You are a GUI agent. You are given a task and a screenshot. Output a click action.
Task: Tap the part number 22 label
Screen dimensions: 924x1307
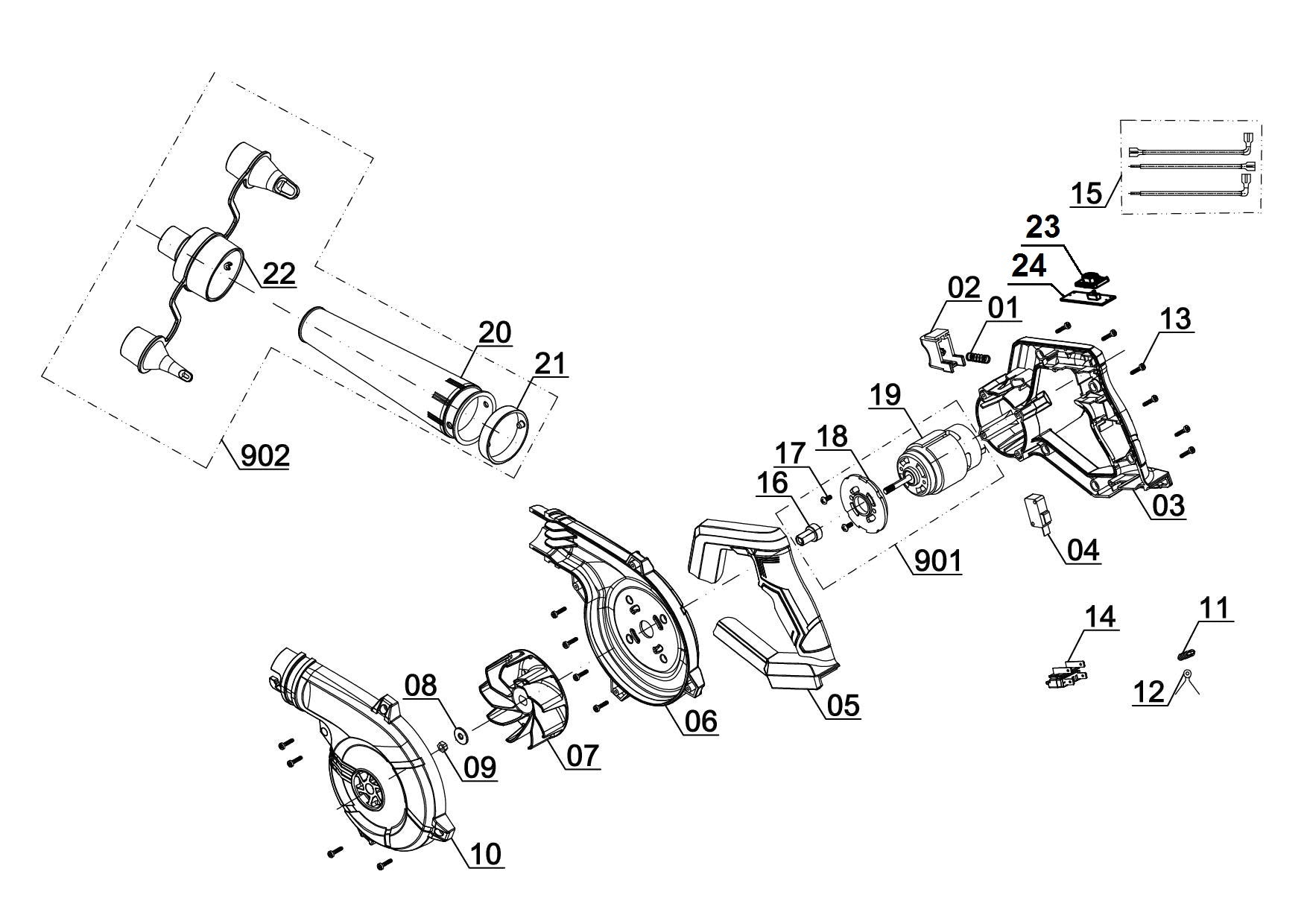point(279,273)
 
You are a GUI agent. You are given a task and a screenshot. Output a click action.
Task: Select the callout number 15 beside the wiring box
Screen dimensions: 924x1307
point(1086,194)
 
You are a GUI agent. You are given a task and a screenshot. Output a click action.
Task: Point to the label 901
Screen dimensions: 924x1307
point(938,560)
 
